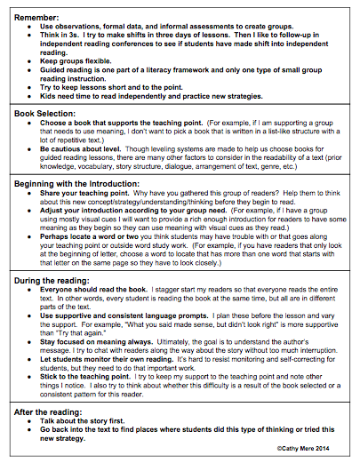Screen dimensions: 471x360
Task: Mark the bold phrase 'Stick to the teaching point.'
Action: (89, 401)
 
